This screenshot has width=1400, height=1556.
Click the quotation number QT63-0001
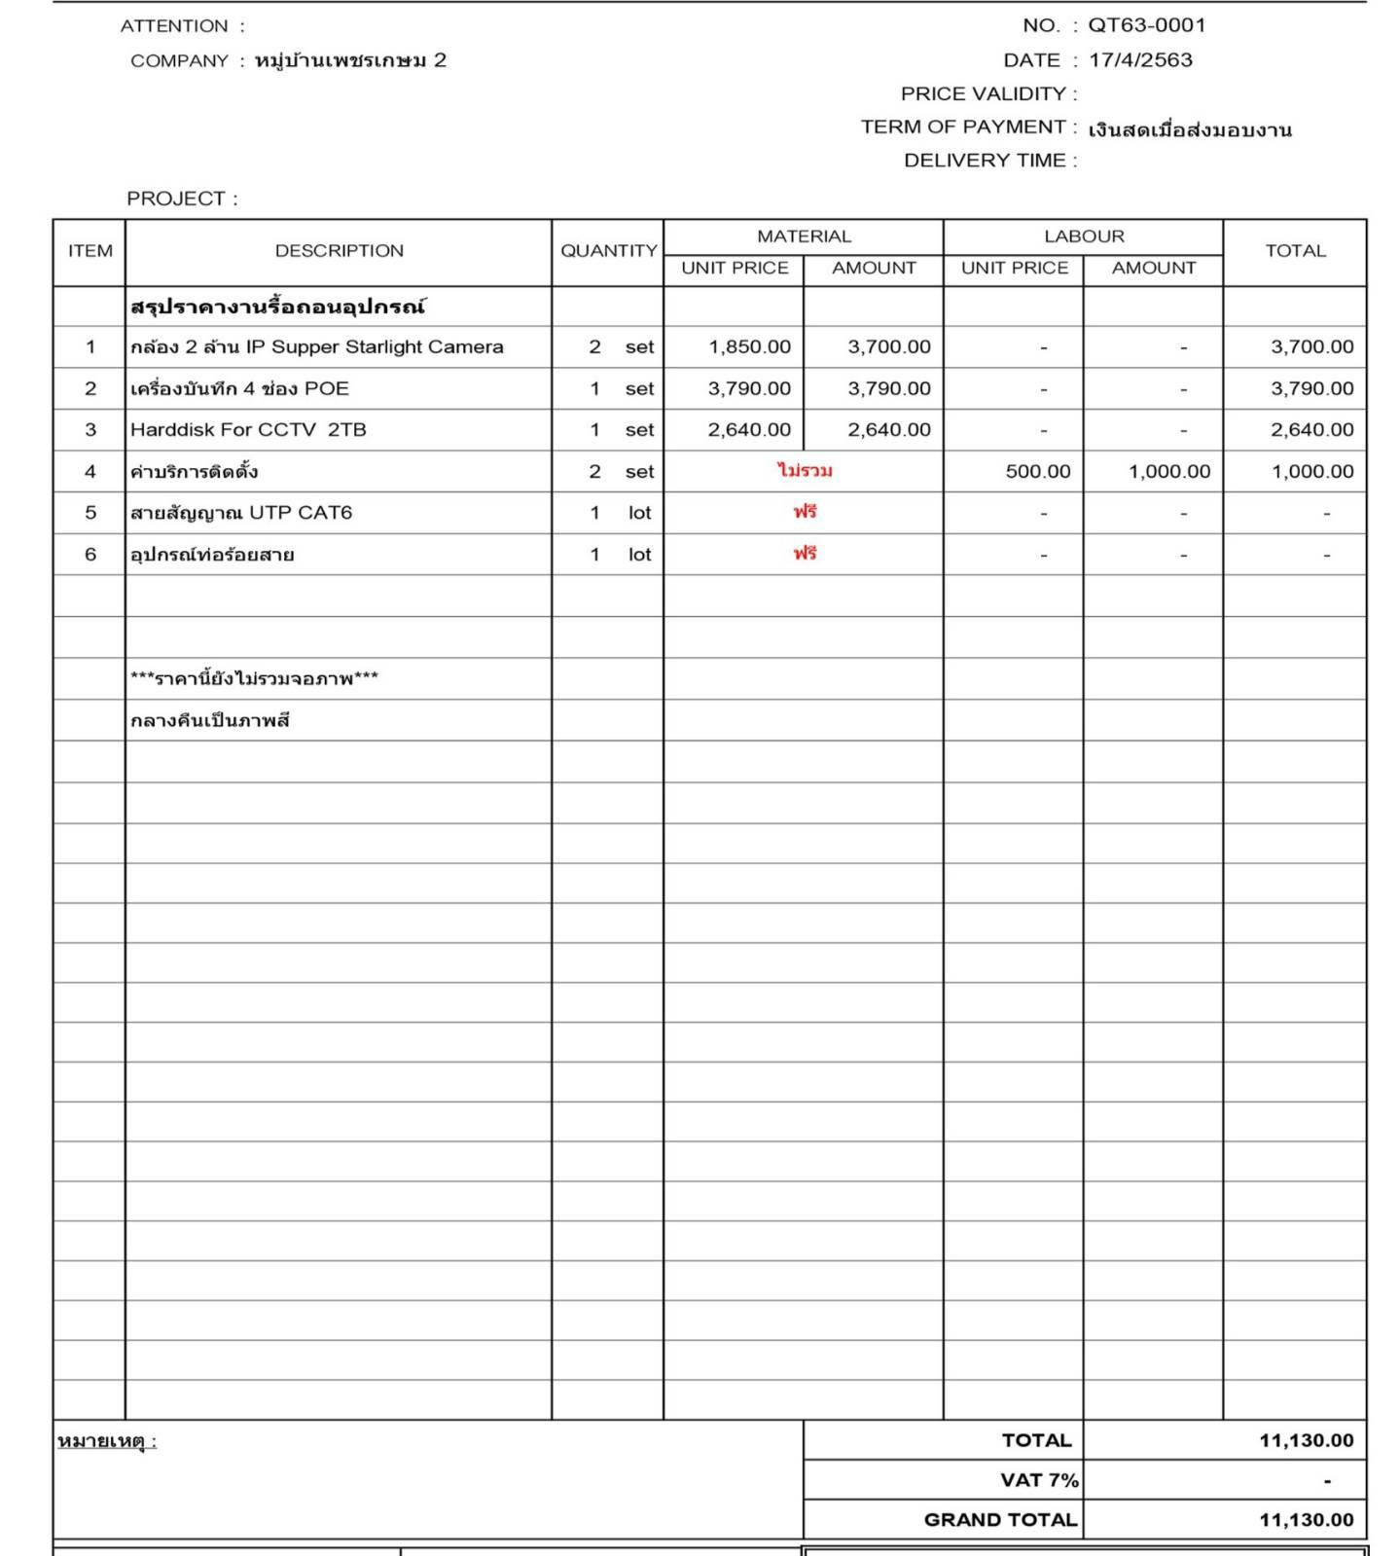click(1146, 25)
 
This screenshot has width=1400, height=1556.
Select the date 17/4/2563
click(1140, 60)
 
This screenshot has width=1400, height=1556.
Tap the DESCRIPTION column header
click(339, 251)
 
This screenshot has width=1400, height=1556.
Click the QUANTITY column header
click(608, 251)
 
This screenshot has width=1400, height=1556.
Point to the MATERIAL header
click(804, 236)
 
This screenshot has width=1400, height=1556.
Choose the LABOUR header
click(1084, 236)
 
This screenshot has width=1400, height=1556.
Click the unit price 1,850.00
click(749, 347)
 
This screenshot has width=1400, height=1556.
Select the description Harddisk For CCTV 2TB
click(248, 430)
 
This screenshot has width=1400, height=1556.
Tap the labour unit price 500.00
click(1037, 472)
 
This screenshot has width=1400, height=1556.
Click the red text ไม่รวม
click(805, 471)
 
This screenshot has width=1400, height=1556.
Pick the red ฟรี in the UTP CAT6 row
click(805, 512)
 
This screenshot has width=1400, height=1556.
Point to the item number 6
click(90, 555)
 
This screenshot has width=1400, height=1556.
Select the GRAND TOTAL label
click(1000, 1520)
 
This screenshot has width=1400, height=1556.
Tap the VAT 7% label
click(1039, 1480)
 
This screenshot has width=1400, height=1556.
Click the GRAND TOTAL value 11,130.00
click(1306, 1520)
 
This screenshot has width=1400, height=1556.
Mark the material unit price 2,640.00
click(749, 430)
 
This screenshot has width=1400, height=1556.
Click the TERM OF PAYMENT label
click(963, 127)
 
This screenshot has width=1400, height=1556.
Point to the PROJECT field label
click(181, 199)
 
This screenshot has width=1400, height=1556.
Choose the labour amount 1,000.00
click(1169, 472)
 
